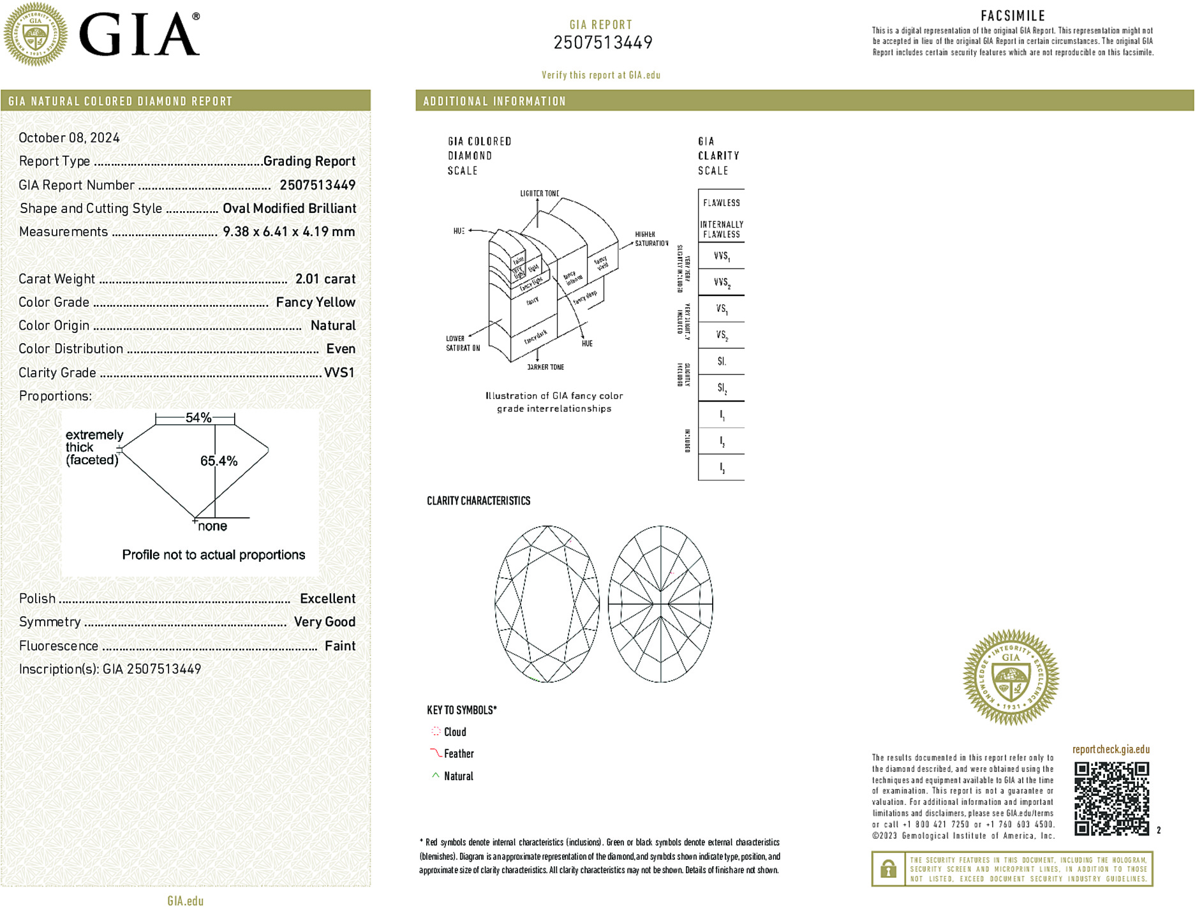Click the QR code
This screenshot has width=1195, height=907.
(x=1111, y=798)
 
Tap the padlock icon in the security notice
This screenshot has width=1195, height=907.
(x=888, y=869)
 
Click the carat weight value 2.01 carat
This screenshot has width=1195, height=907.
(x=325, y=279)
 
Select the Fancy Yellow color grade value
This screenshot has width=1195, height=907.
(x=316, y=302)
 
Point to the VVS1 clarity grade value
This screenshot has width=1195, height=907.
(x=339, y=372)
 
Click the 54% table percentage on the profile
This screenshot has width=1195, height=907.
(x=198, y=418)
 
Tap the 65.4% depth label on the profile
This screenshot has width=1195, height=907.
(x=219, y=461)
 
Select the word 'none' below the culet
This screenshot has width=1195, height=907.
(x=212, y=526)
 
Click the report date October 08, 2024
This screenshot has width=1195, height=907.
(x=69, y=138)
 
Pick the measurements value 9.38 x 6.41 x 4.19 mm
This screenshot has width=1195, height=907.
(x=289, y=232)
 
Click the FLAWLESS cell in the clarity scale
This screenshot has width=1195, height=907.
(x=722, y=203)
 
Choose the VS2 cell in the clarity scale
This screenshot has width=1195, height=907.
(x=722, y=335)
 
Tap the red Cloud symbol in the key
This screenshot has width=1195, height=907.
(x=436, y=732)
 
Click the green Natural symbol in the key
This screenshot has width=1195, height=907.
(x=436, y=776)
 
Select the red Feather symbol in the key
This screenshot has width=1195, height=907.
(x=436, y=753)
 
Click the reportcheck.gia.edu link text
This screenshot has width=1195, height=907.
(x=1111, y=749)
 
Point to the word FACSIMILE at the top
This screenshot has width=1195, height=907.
(x=1013, y=16)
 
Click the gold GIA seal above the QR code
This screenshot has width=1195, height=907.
(x=1011, y=677)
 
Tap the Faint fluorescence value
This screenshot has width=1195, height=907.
(x=340, y=645)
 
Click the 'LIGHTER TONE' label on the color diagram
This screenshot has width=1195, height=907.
(x=539, y=193)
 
